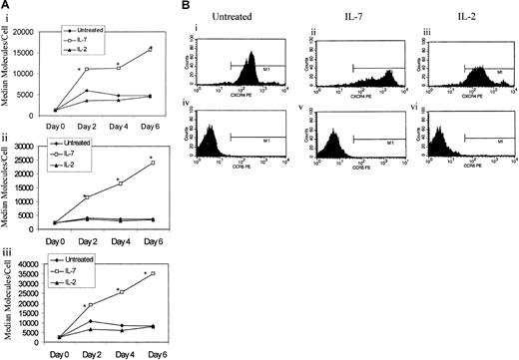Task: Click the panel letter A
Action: (x=5, y=6)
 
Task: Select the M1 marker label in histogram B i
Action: (x=266, y=71)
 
